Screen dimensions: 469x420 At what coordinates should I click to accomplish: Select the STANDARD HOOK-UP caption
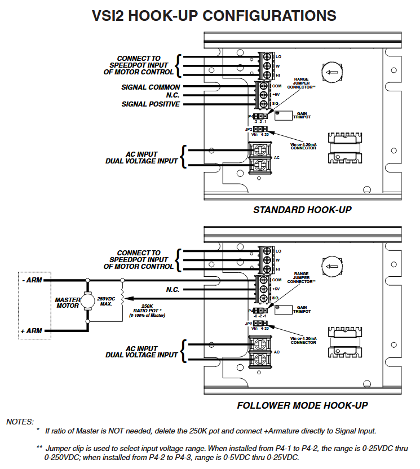point(302,210)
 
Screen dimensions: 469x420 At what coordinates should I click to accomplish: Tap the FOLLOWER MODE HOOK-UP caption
point(302,405)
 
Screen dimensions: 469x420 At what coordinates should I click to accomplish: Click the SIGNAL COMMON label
point(151,87)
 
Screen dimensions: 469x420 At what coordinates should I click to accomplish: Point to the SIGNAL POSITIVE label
point(151,104)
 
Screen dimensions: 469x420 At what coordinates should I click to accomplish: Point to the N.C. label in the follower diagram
point(173,290)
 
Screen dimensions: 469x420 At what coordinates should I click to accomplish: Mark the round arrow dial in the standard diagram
point(331,73)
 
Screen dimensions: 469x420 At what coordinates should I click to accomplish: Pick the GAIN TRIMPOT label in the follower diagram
point(303,309)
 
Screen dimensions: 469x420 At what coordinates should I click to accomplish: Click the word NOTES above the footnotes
point(20,422)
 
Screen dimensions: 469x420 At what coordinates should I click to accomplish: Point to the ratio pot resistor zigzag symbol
point(123,299)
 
